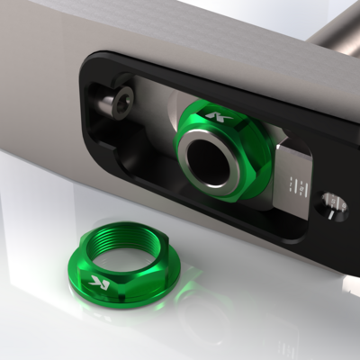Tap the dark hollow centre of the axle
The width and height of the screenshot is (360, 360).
pyautogui.click(x=210, y=160)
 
